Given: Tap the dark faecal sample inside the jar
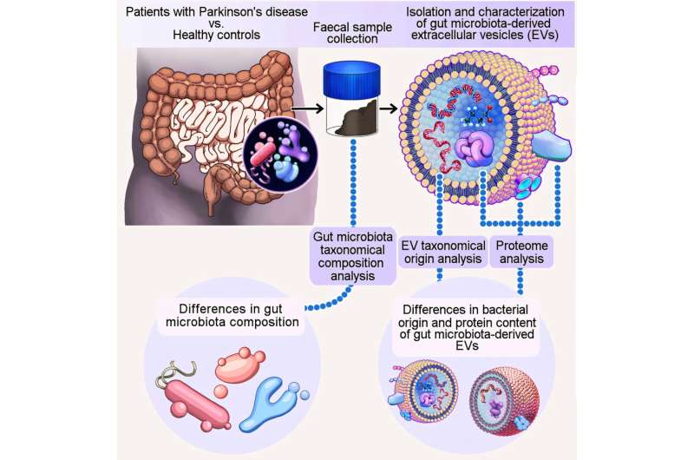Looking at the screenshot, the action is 357,118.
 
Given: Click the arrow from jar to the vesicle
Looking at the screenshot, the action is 389,108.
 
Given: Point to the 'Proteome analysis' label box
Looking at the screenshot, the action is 521,253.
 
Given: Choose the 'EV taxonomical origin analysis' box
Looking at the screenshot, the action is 443,253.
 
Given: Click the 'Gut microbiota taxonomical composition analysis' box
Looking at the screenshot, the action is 353,256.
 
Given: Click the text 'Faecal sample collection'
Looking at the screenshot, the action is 352,33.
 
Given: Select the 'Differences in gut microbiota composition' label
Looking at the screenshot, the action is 232,315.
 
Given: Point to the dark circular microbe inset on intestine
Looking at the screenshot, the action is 280,154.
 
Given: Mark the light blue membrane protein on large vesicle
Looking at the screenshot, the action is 551,146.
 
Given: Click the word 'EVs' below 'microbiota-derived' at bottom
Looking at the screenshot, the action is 467,345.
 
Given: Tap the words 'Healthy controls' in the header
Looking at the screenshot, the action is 216,35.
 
